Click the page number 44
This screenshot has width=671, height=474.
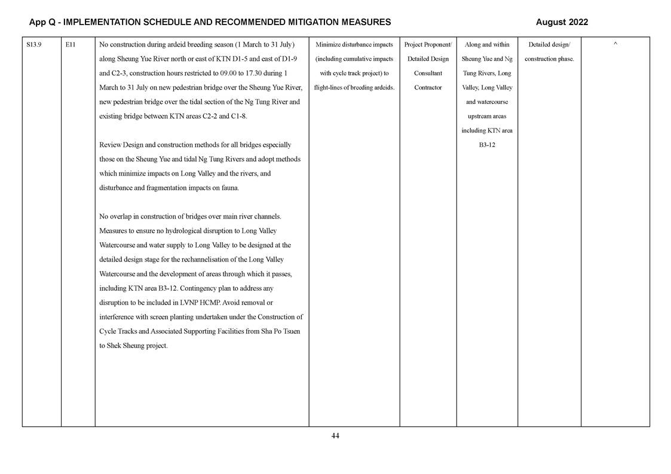tap(335, 436)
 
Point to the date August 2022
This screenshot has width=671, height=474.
tap(562, 22)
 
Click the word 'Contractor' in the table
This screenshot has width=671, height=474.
tap(428, 88)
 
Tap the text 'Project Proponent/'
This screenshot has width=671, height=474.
tap(428, 45)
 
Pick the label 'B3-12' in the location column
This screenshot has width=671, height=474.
tap(487, 145)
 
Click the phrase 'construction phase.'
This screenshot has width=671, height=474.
tap(549, 59)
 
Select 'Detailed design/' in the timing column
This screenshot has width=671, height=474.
tap(549, 45)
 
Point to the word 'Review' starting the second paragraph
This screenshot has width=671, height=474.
tap(111, 145)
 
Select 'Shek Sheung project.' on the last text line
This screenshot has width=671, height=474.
tap(133, 346)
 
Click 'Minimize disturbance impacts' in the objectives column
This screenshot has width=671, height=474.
tap(354, 45)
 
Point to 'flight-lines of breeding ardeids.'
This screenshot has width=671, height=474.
tap(354, 88)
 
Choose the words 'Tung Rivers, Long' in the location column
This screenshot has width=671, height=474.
tap(487, 73)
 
